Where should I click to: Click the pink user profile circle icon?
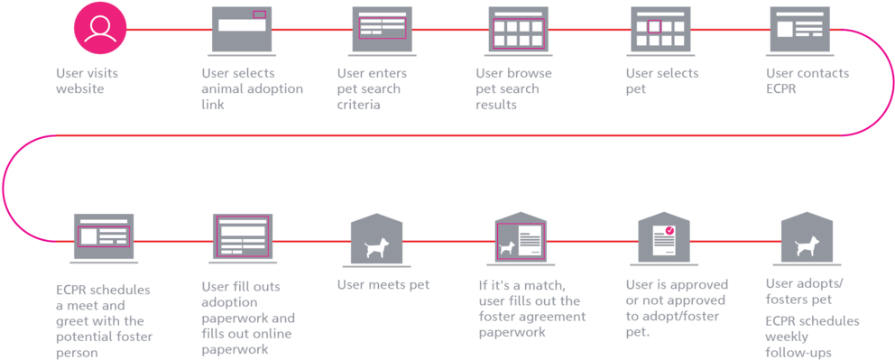(x=100, y=28)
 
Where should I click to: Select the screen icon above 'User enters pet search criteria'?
(x=383, y=30)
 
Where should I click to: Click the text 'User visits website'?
(x=87, y=80)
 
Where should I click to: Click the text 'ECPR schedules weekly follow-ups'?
(x=812, y=337)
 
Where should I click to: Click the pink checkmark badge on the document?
(x=669, y=231)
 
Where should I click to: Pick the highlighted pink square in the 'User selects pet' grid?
(x=654, y=26)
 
